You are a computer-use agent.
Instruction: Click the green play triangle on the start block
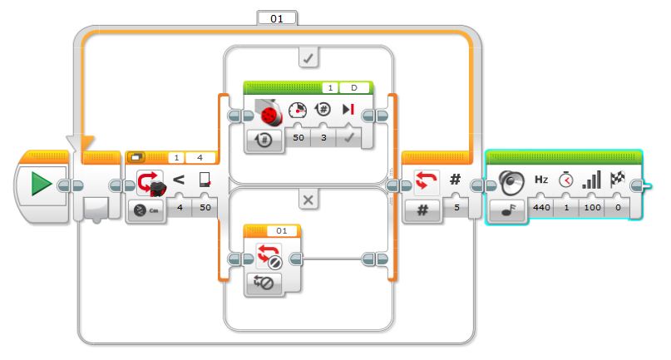41,184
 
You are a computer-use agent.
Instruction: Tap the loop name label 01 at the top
276,19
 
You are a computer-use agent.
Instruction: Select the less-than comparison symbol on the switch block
179,180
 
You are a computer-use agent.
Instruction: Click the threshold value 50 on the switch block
205,208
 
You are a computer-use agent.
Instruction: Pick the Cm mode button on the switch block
146,210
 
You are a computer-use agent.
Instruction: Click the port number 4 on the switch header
200,158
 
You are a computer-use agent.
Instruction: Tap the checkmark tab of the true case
308,59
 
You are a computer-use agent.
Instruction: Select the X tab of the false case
308,200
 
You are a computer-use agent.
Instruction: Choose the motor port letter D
354,88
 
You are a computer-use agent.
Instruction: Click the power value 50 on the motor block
298,138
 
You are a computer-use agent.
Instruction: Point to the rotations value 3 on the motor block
323,138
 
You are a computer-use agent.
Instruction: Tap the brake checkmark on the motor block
349,138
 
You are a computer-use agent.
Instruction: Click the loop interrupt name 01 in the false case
282,231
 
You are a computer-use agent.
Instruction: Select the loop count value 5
456,208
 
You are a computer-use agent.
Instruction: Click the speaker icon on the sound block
511,182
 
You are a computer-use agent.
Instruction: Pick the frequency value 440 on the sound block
541,208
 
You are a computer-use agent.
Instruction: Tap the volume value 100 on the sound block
592,208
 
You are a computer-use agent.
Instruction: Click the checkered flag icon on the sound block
617,179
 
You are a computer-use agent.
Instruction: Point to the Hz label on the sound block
541,180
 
